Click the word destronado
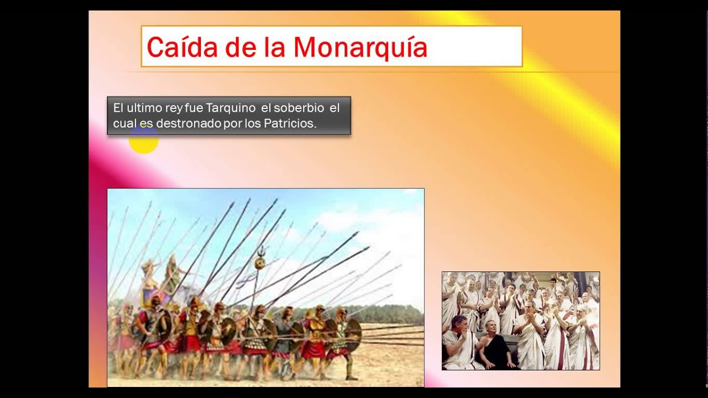click(188, 124)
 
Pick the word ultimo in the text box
click(144, 108)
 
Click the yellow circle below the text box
click(144, 140)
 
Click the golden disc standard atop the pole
click(259, 264)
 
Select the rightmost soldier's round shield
click(352, 334)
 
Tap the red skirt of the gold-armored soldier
click(315, 349)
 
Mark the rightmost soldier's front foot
click(351, 377)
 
